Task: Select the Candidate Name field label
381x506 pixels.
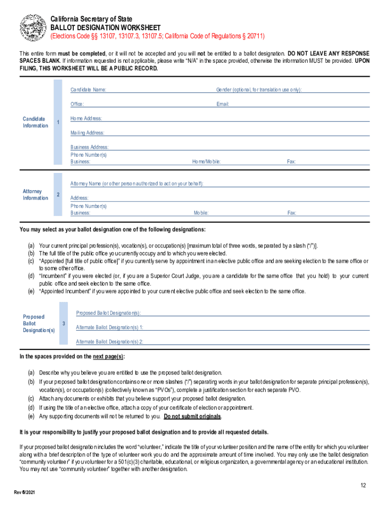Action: coord(88,90)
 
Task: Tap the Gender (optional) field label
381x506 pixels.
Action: coord(259,90)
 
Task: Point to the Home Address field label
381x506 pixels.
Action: coord(86,119)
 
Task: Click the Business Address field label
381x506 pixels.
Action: coord(89,147)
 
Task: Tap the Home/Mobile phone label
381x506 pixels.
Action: coord(206,162)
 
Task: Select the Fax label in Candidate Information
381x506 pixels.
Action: coord(291,162)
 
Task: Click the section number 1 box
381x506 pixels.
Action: coord(58,122)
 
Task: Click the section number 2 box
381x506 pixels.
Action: coord(58,195)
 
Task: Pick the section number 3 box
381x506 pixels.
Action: coord(64,324)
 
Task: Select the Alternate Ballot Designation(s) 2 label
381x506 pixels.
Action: coord(109,341)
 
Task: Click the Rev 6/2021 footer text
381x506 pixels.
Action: coord(24,493)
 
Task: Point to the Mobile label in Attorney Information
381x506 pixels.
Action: coord(201,213)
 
